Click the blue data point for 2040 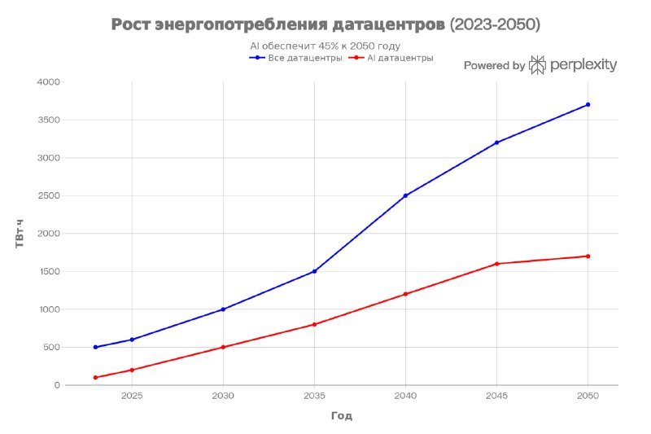[x=405, y=195]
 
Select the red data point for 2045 [x=497, y=264]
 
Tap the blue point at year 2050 [x=588, y=105]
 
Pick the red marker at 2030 [x=223, y=347]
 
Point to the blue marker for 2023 [x=95, y=347]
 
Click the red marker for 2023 [x=95, y=378]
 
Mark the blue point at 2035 [x=314, y=271]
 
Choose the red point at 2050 [x=588, y=256]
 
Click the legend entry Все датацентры [x=295, y=58]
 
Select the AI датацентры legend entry [x=391, y=58]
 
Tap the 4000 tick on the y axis [x=49, y=81]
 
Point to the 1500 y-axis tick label [x=49, y=271]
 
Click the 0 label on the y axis [x=57, y=385]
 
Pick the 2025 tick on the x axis [x=132, y=396]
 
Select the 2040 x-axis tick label [x=405, y=396]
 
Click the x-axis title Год [x=342, y=416]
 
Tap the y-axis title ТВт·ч [x=20, y=234]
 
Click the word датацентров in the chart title [x=389, y=24]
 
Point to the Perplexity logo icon [x=537, y=65]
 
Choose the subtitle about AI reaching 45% [x=325, y=46]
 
